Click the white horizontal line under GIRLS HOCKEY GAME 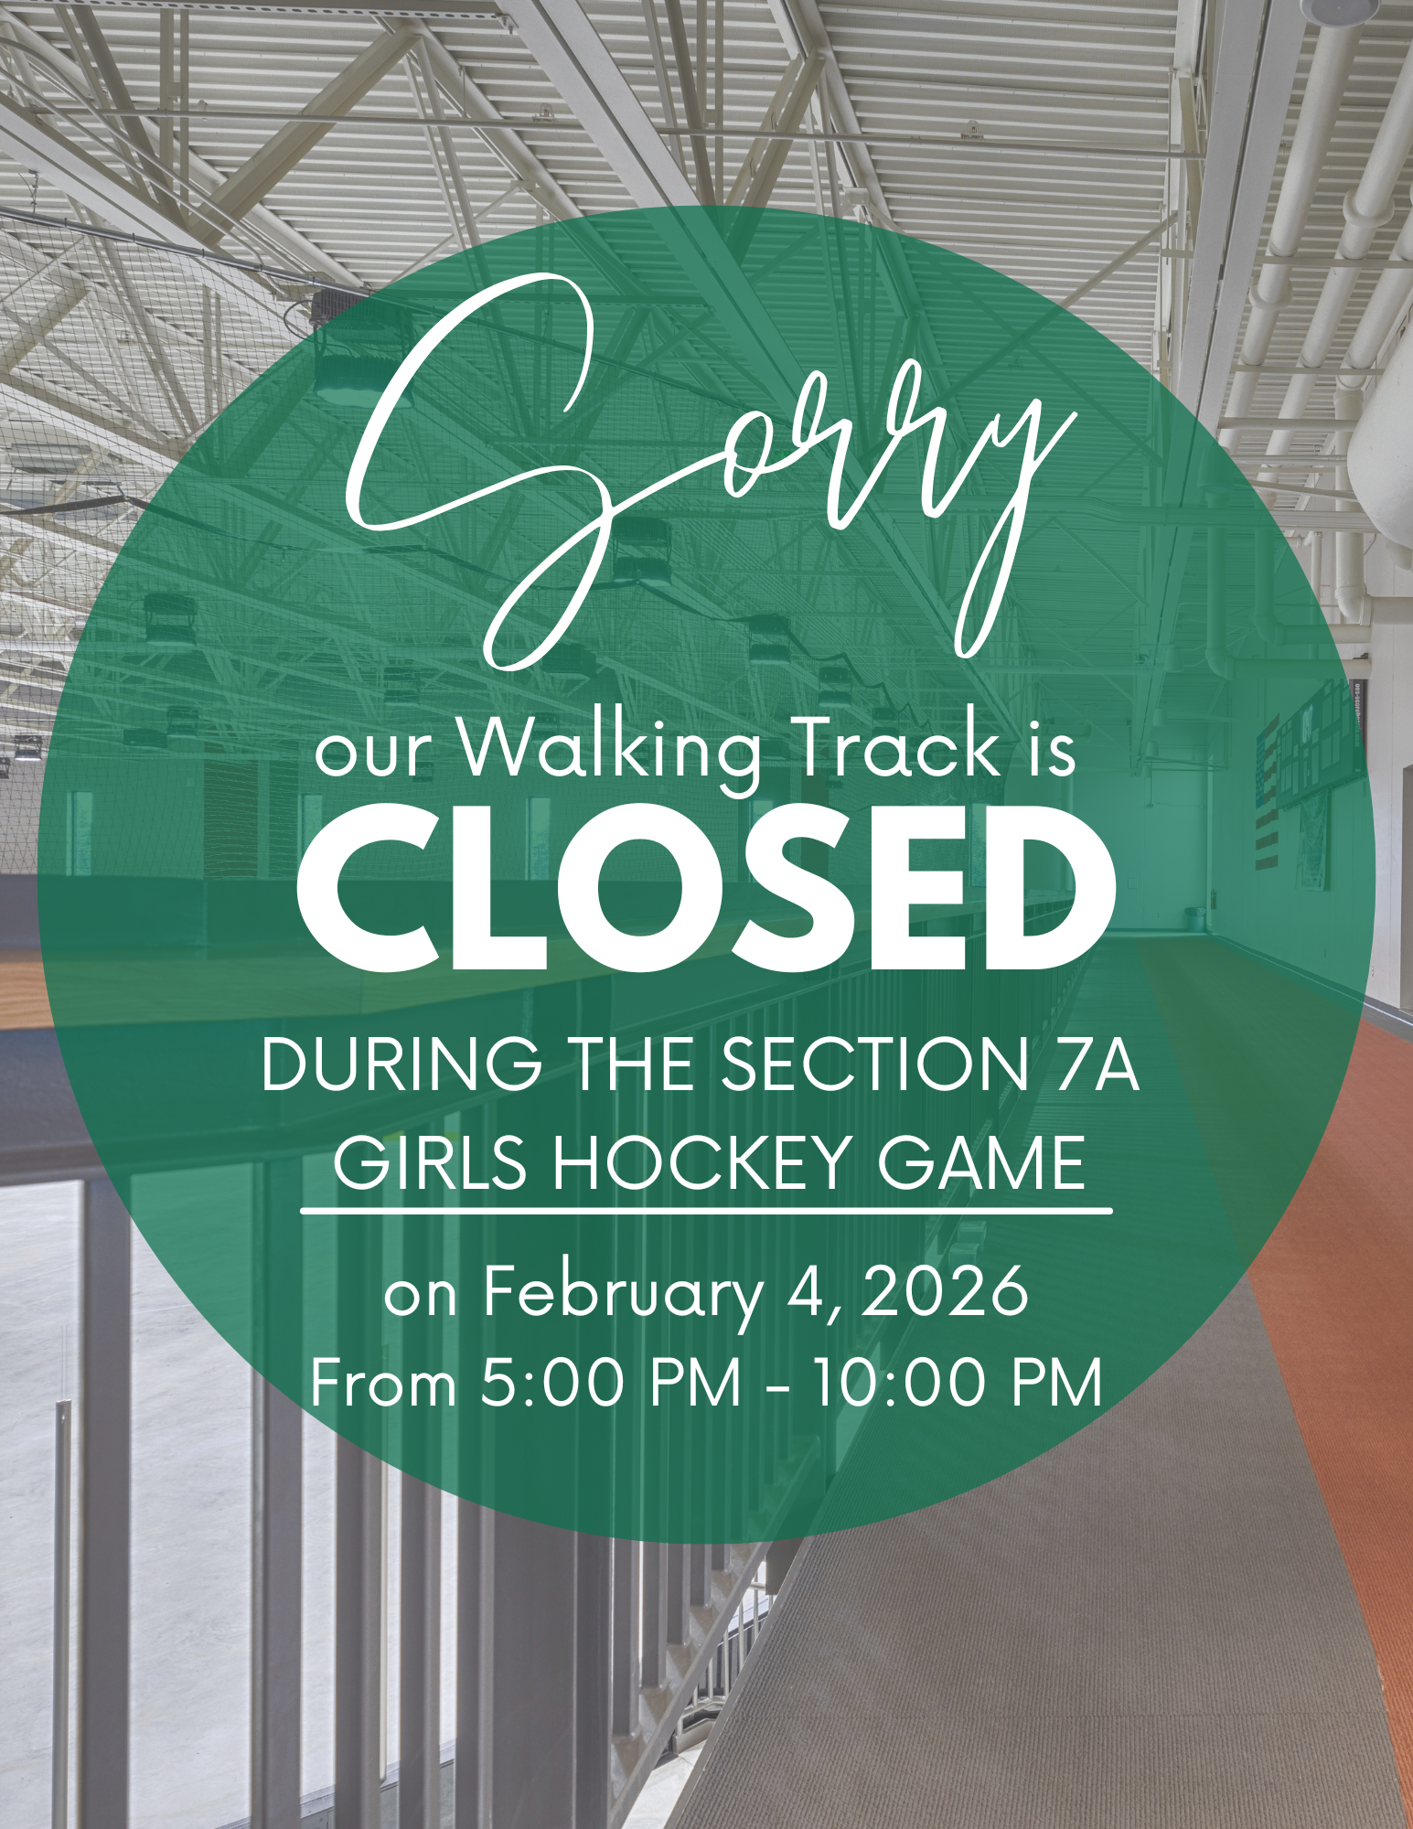coord(706,1211)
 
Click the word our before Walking coord(371,755)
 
